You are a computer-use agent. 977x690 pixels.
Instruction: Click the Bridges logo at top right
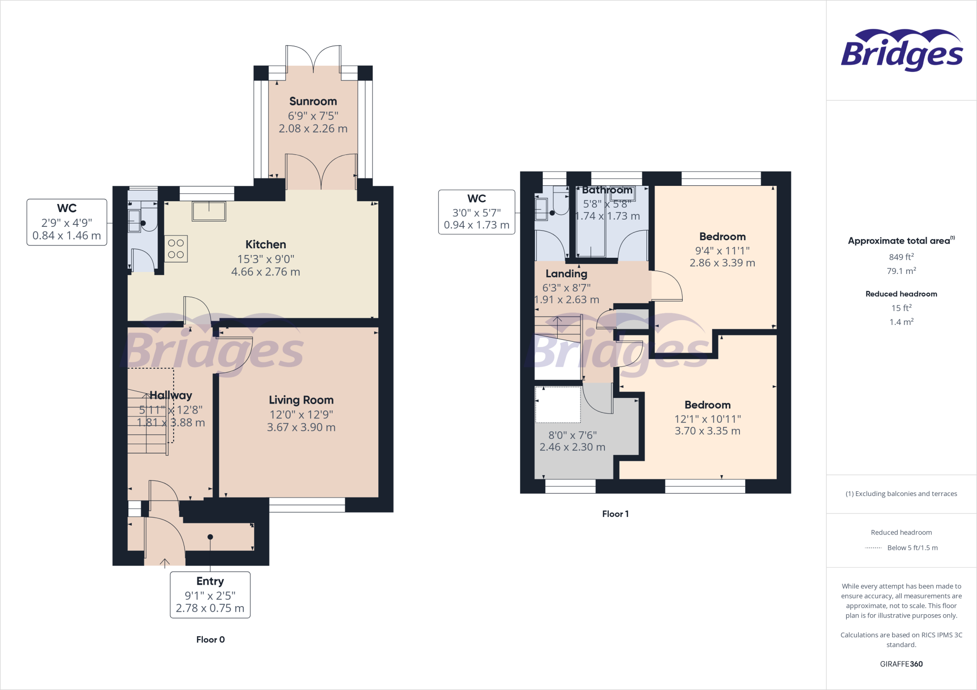pos(901,51)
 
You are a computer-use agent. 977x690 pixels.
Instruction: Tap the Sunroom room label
pos(313,101)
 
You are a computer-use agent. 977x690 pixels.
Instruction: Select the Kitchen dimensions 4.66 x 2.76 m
pos(266,272)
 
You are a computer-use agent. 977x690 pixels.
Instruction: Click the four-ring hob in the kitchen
pos(176,249)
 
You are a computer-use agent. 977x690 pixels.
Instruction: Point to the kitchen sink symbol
pos(209,211)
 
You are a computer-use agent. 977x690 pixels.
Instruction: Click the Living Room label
pos(301,400)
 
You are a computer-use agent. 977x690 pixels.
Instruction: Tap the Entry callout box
pos(210,595)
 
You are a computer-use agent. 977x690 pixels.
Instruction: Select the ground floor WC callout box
pos(67,222)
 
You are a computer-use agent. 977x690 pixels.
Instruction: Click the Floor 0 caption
pos(210,639)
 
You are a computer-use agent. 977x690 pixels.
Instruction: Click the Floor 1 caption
pos(615,514)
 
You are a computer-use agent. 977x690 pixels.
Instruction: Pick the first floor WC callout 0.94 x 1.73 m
pos(477,225)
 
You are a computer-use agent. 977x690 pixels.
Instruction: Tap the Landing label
pos(566,274)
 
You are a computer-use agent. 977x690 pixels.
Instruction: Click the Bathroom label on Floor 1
pos(607,190)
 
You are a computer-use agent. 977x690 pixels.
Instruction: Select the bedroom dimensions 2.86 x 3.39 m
pos(722,263)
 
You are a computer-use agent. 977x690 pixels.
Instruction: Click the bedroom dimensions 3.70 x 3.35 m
pos(707,431)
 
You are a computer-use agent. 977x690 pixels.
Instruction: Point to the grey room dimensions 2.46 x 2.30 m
pos(572,447)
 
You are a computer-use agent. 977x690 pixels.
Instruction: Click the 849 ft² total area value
pos(901,257)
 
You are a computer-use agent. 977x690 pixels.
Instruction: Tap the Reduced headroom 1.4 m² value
pos(901,322)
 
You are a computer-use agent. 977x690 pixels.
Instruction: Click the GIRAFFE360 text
pos(901,664)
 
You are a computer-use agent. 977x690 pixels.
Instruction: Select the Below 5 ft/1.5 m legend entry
pos(912,548)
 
